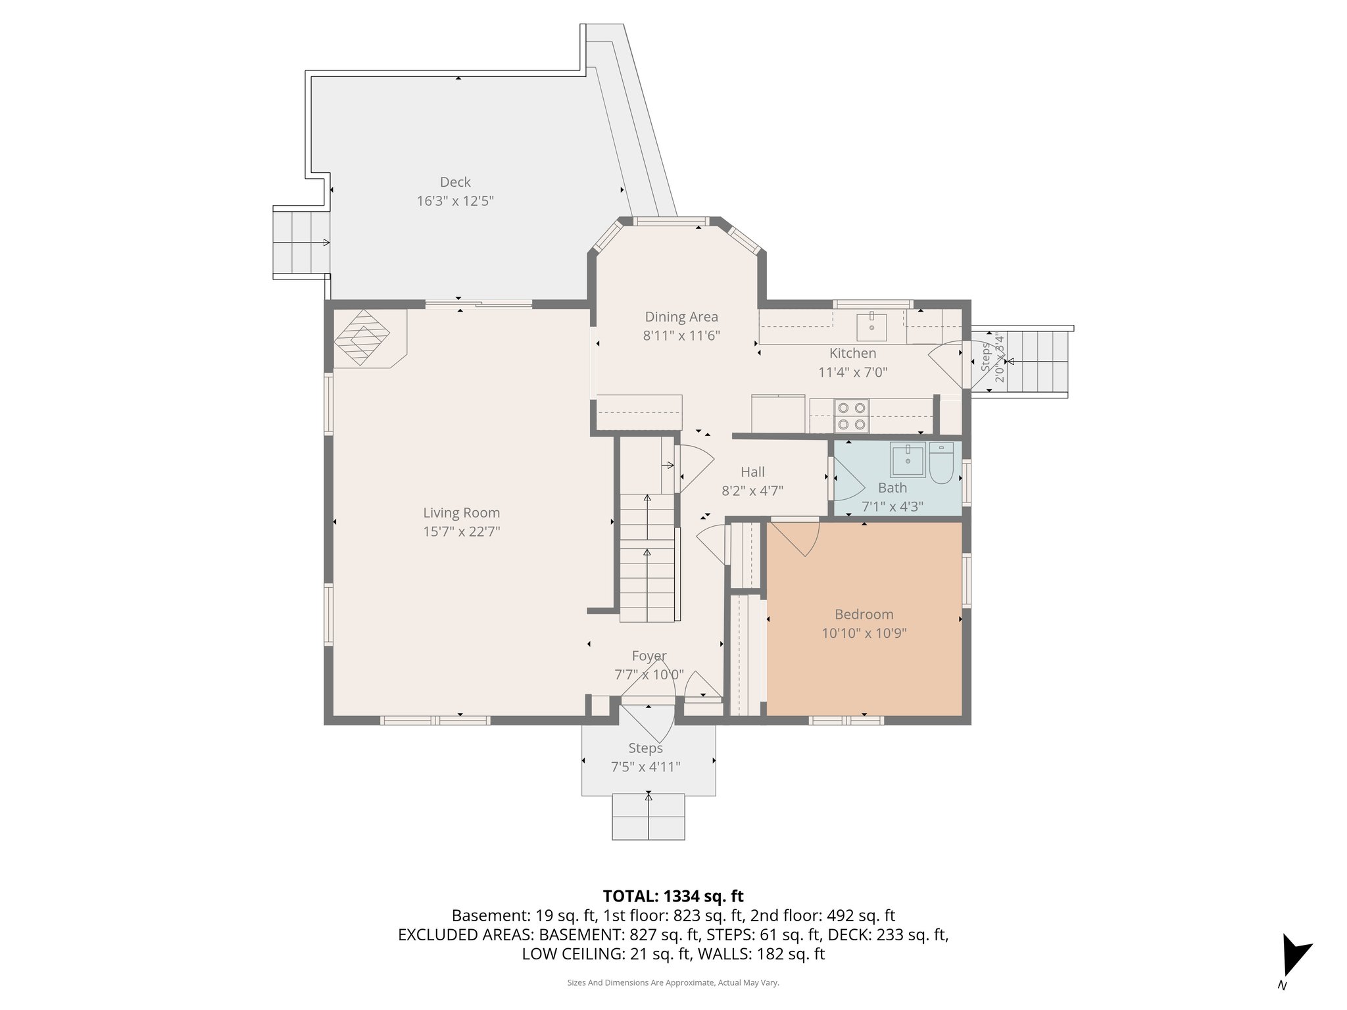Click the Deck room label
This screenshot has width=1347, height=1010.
455,182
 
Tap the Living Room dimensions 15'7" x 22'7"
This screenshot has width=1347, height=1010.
461,531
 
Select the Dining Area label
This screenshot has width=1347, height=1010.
681,317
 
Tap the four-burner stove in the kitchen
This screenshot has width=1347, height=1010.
851,416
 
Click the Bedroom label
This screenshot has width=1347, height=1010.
864,614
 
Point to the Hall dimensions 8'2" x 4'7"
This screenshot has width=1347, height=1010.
752,491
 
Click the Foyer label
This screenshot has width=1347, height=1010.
649,656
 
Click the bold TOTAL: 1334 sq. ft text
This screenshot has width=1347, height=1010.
673,896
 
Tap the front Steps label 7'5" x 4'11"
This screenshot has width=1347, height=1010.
645,767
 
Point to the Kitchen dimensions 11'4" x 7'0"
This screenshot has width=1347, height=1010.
852,372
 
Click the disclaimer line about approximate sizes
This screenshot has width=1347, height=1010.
673,982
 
